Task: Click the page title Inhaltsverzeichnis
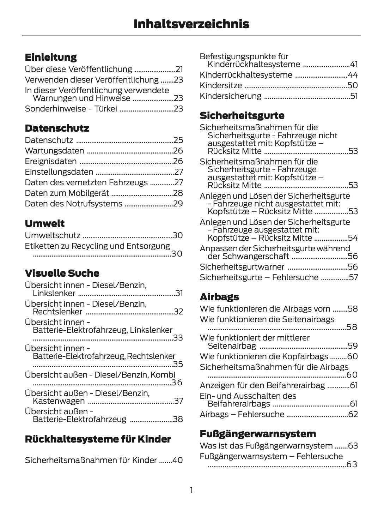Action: pos(191,24)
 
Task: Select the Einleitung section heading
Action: pos(51,57)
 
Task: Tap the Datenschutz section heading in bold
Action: pos(57,128)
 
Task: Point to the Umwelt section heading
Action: pos(45,223)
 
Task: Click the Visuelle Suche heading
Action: pos(62,273)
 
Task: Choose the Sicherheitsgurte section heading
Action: pos(242,115)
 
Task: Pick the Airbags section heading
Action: pos(219,297)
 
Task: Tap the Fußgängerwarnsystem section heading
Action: pos(258,434)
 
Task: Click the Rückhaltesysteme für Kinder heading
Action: pos(98,439)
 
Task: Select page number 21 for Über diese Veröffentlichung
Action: pos(179,69)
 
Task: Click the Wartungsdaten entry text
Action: pos(54,151)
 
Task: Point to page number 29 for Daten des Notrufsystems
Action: pos(178,204)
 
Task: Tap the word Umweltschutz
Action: pos(53,236)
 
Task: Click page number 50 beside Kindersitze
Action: pos(353,85)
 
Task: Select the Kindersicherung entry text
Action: pos(231,96)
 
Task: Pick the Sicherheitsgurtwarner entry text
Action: pos(242,267)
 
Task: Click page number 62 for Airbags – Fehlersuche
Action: pos(353,414)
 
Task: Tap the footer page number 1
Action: pos(191,490)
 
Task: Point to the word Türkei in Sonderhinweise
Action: pos(106,109)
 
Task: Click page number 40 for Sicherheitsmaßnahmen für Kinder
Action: pos(178,460)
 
